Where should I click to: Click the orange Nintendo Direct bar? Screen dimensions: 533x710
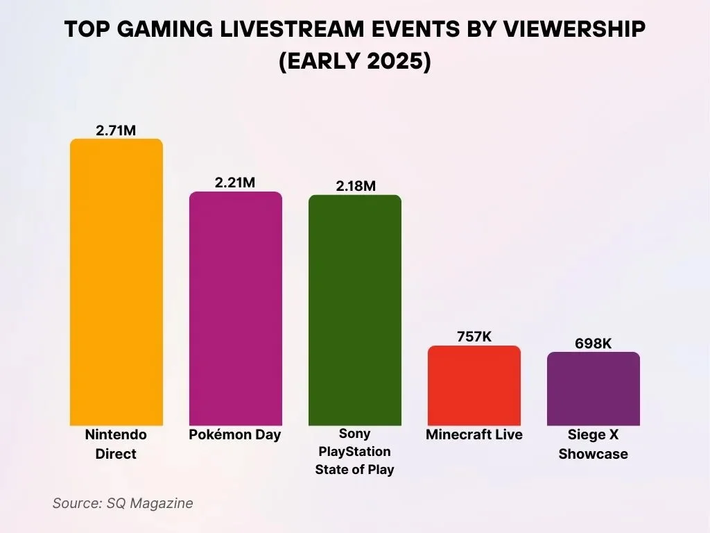[x=116, y=282]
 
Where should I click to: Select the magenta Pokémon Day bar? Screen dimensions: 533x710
[x=236, y=308]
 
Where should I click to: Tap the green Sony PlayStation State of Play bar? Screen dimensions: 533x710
[x=354, y=310]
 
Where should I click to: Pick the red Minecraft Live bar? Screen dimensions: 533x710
[x=474, y=385]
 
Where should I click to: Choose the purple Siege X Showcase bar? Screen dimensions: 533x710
[x=593, y=389]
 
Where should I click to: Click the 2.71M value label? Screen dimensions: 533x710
[x=116, y=130]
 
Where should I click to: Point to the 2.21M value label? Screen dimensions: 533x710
[x=235, y=183]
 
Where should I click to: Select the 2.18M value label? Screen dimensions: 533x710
[x=354, y=185]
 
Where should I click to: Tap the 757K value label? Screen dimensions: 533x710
[x=474, y=337]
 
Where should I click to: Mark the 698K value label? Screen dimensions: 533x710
[x=593, y=343]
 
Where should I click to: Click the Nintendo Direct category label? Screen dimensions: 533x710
[x=116, y=444]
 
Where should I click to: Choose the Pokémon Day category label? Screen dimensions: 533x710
[x=235, y=435]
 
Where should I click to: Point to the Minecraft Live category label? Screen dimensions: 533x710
[x=474, y=435]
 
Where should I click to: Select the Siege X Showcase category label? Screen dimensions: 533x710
[x=593, y=444]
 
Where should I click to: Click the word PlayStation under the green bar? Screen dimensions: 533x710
[x=354, y=452]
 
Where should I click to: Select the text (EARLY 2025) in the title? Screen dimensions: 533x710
[x=354, y=61]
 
